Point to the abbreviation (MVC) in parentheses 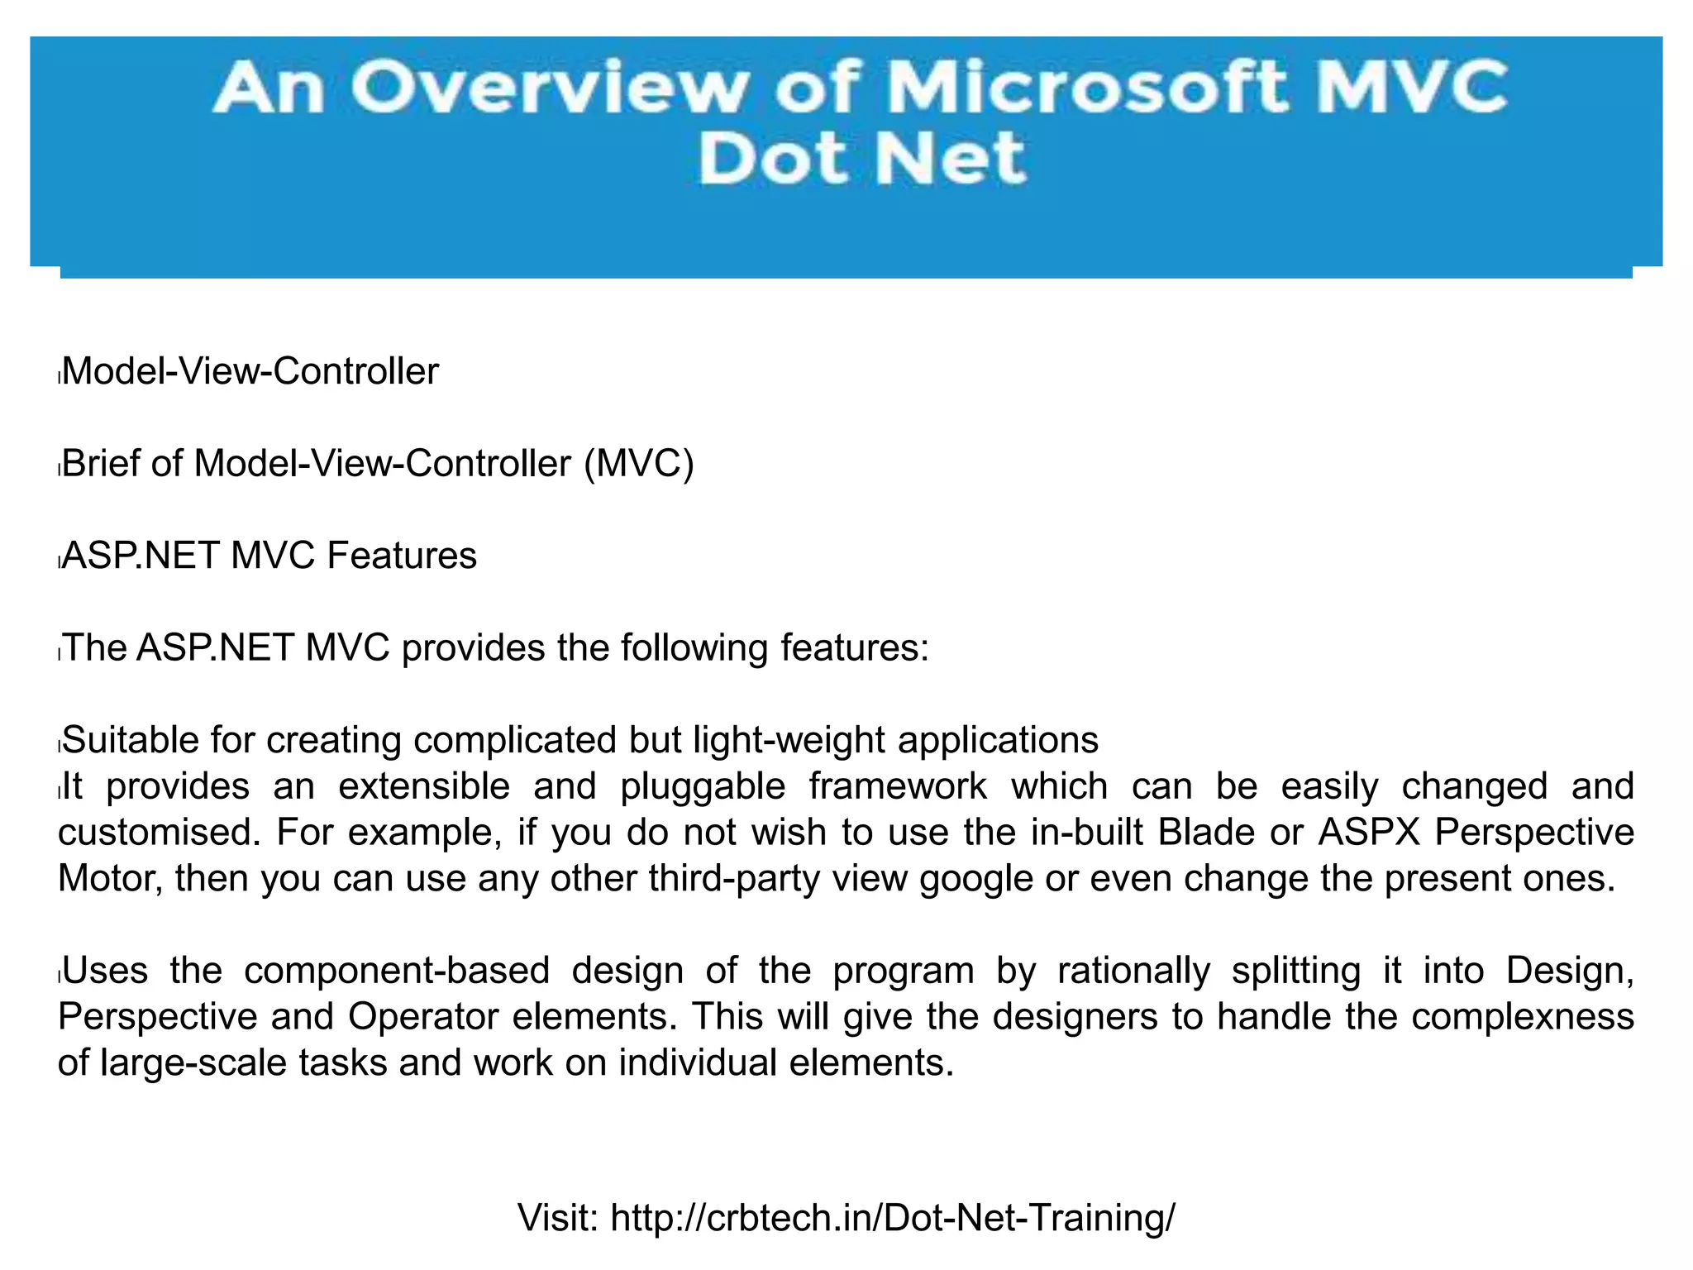[x=639, y=464]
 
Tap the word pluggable [x=702, y=785]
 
